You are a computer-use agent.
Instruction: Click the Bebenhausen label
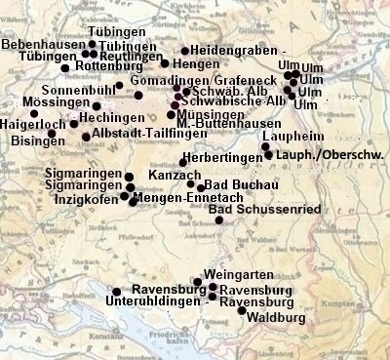[42, 45]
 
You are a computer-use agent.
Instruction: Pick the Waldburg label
[277, 319]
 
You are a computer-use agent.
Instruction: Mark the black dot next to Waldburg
[242, 310]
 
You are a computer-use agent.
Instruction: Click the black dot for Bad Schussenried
[219, 220]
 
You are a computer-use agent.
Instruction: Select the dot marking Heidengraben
[184, 51]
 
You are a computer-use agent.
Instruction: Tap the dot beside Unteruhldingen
[116, 292]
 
